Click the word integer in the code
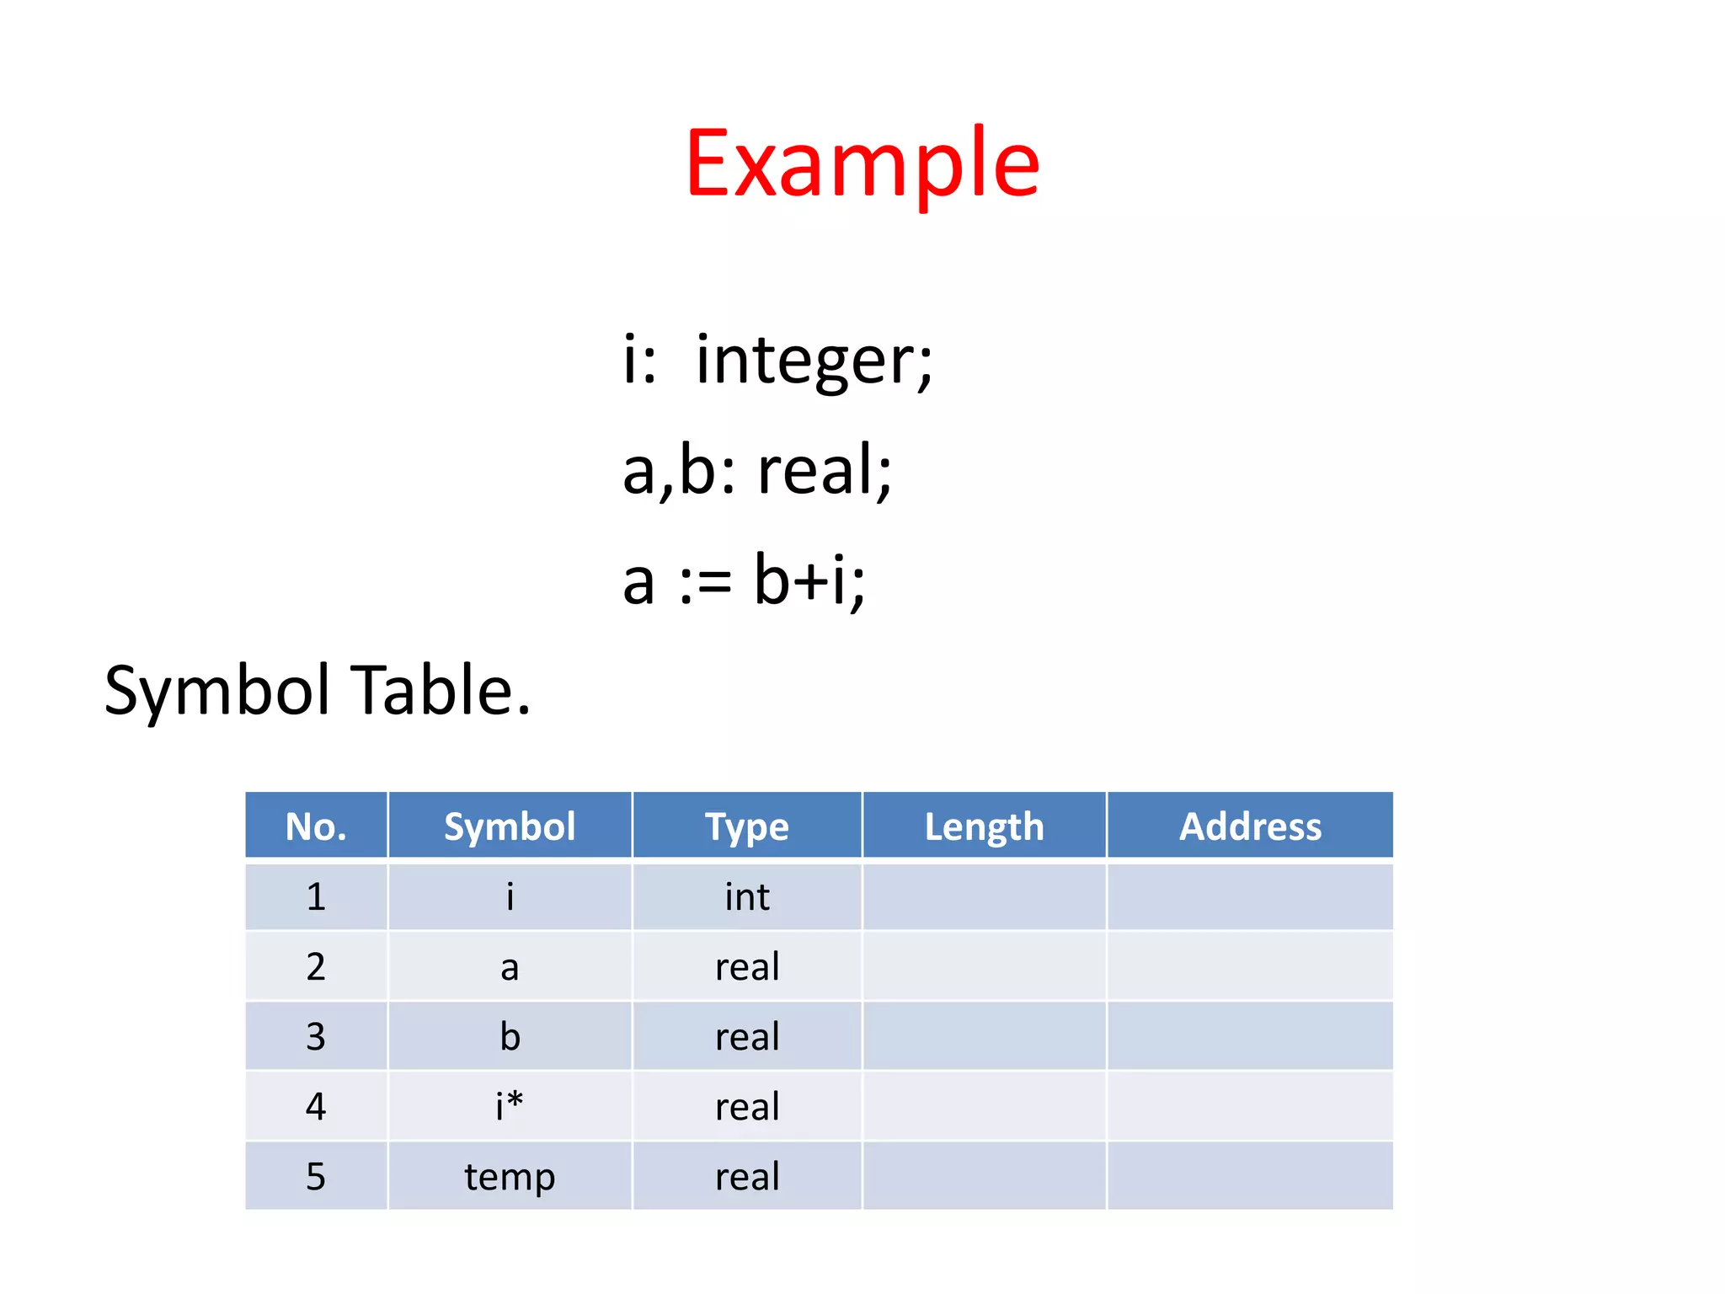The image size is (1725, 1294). (814, 361)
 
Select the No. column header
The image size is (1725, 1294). (316, 826)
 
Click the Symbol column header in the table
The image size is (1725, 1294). (510, 826)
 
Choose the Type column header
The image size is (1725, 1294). (747, 826)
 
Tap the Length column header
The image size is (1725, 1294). (984, 826)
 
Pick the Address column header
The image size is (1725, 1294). (1250, 826)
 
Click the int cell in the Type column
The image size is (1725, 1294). (747, 897)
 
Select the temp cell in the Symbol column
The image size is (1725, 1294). (510, 1177)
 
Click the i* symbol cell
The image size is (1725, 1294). (510, 1106)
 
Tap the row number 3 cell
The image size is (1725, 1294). (316, 1036)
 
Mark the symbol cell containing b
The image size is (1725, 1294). (510, 1036)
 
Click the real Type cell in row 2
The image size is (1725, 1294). (747, 967)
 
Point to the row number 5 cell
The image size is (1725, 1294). (316, 1177)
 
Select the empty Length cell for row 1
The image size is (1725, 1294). (984, 897)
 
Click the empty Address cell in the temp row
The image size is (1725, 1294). (1250, 1177)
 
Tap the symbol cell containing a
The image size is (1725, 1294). (510, 967)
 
